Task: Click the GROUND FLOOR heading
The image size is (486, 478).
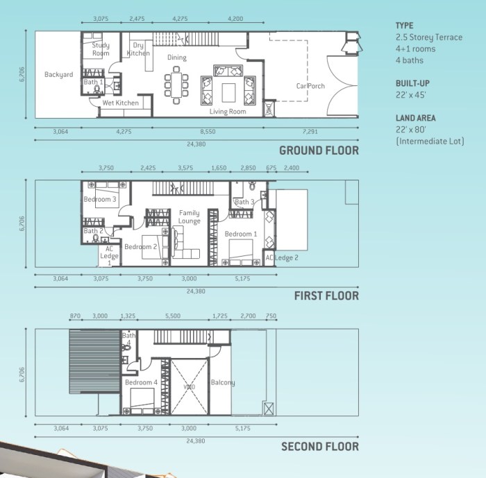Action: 319,151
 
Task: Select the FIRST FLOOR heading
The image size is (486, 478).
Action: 326,296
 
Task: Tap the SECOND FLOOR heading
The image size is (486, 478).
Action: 320,446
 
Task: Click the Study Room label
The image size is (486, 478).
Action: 101,49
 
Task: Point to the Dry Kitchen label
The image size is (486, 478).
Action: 138,49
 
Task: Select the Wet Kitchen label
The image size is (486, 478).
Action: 121,103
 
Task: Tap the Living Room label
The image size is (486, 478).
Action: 228,111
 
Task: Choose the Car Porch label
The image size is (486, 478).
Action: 310,86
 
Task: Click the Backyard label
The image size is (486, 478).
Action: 59,74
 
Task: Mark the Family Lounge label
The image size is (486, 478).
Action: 189,217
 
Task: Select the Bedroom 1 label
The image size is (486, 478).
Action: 241,234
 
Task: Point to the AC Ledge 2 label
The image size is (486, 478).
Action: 282,258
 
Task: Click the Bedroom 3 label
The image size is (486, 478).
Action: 100,200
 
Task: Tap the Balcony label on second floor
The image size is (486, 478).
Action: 223,382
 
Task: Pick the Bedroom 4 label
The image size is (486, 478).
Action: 141,382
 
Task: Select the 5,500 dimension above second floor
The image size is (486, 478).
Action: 173,316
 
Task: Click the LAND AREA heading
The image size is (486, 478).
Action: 416,118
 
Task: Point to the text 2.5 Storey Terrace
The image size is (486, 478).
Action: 428,37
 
